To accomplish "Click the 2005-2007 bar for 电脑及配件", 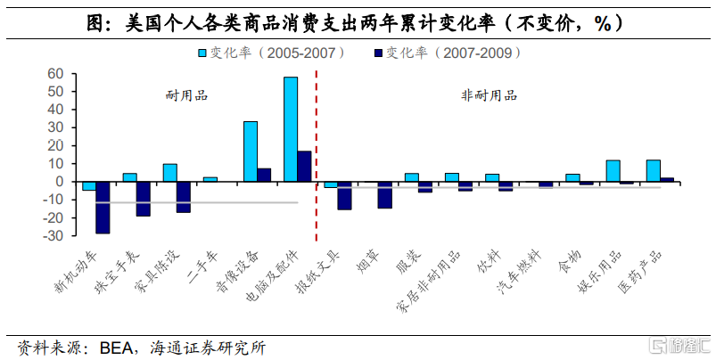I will pyautogui.click(x=291, y=129).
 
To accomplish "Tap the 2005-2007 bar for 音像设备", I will pyautogui.click(x=251, y=151).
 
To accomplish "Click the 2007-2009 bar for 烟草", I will pyautogui.click(x=384, y=195).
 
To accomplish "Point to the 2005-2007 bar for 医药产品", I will pyautogui.click(x=653, y=171).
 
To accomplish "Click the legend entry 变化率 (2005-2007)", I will pyautogui.click(x=272, y=53).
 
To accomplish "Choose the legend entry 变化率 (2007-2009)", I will pyautogui.click(x=446, y=53).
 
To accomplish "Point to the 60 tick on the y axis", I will pyautogui.click(x=55, y=73).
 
